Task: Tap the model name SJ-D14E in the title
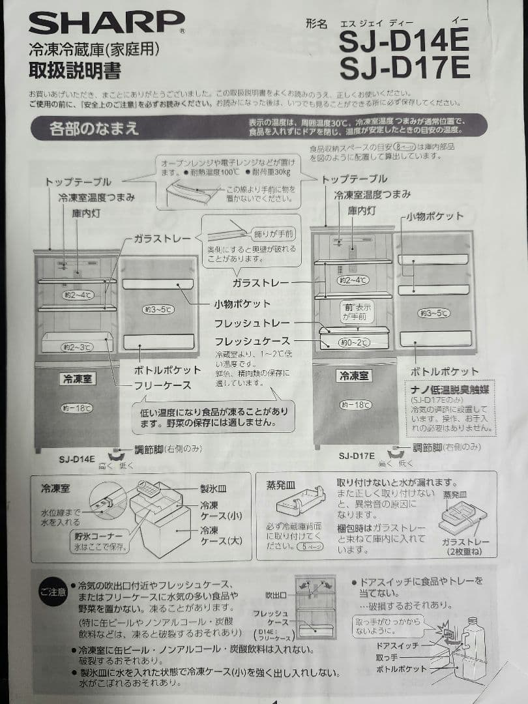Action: [403, 42]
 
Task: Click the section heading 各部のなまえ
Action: [94, 128]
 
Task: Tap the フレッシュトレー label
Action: [252, 323]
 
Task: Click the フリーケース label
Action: [162, 385]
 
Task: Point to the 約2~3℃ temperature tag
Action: [77, 347]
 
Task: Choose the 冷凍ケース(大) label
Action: [222, 535]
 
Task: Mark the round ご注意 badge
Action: [52, 592]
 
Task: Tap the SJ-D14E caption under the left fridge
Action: [76, 458]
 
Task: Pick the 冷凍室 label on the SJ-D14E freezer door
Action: [77, 379]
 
